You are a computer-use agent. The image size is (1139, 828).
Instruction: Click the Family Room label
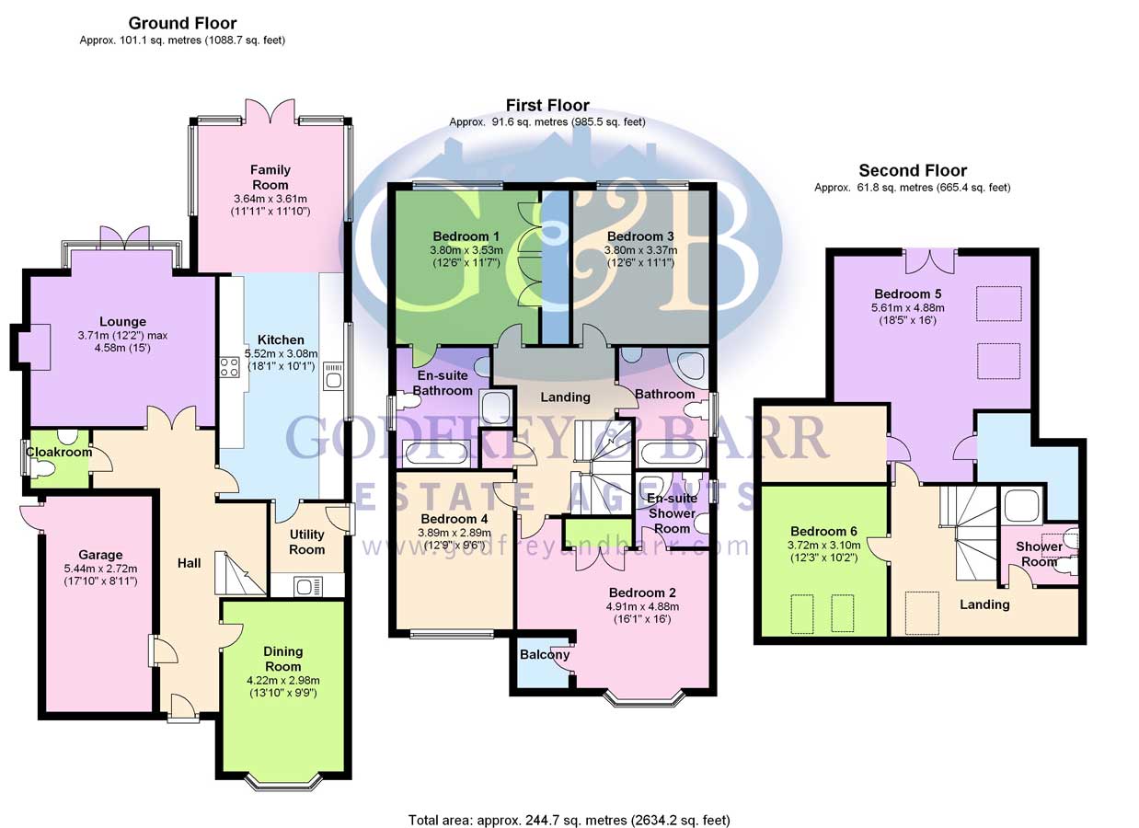(x=270, y=177)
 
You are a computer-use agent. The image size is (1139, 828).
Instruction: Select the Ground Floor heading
(x=182, y=24)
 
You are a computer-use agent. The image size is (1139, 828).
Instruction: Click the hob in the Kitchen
(x=228, y=368)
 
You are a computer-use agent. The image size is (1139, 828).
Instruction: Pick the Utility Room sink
(x=306, y=584)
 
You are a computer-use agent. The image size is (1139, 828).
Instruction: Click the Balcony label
(x=545, y=655)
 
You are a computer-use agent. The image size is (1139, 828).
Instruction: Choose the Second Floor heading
(x=913, y=170)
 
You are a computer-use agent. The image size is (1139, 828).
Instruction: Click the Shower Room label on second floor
(x=1039, y=554)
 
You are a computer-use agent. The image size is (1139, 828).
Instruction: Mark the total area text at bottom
(x=569, y=819)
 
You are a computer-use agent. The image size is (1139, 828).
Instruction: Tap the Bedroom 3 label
(x=640, y=236)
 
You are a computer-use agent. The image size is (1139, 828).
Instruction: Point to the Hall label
(x=189, y=563)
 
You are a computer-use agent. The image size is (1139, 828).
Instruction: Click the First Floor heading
(x=547, y=106)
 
